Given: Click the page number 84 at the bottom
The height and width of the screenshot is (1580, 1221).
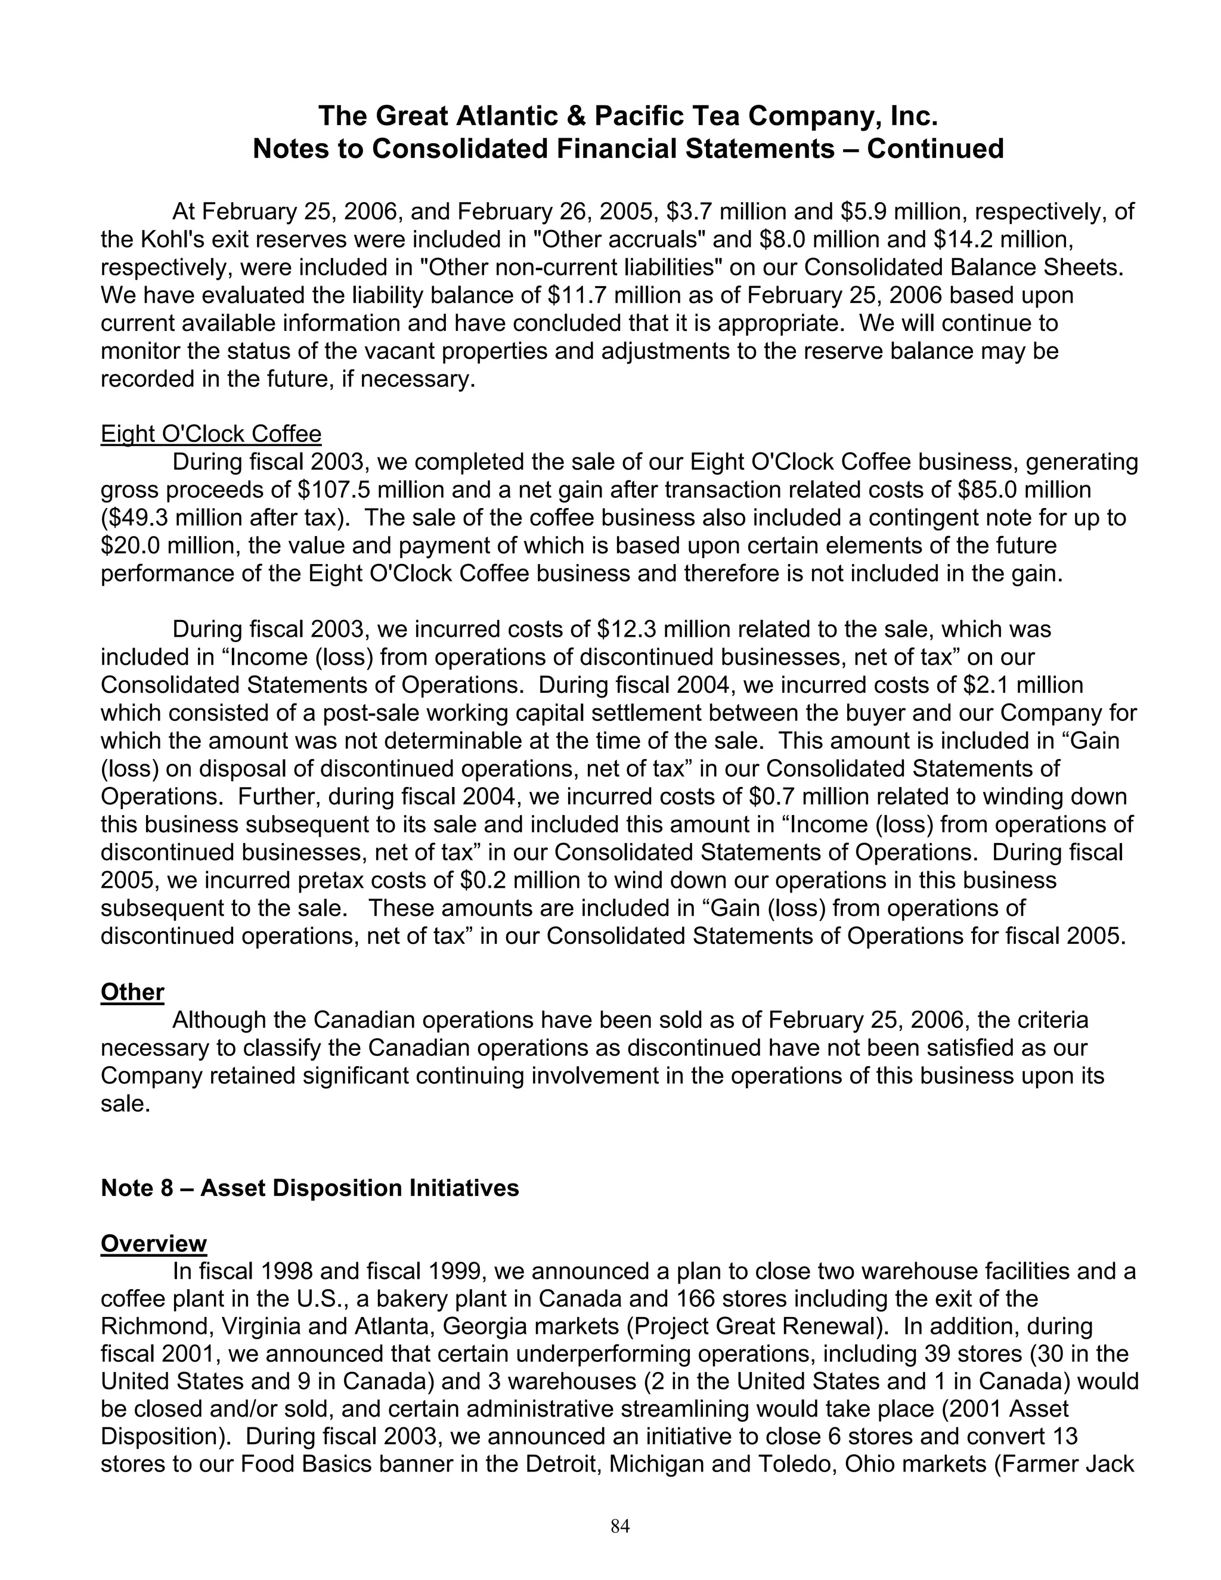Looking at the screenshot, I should coord(620,1526).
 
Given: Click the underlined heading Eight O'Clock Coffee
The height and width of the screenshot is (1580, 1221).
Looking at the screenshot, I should coord(210,434).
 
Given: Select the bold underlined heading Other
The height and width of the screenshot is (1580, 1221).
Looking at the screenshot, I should coord(132,992).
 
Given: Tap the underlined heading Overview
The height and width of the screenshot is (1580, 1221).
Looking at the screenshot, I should coord(153,1243).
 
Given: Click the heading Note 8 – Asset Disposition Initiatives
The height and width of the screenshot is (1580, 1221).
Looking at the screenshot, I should coord(309,1187).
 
